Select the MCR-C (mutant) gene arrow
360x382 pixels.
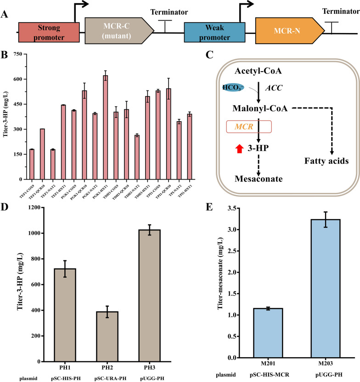pos(118,32)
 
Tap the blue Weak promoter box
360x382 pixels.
pos(214,33)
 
